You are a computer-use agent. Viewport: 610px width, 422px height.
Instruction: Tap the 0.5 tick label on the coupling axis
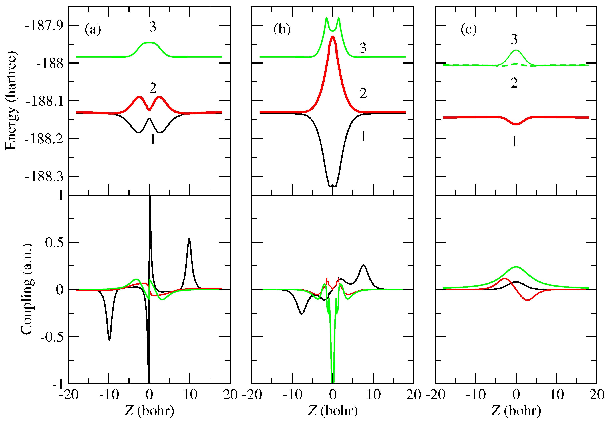pyautogui.click(x=54, y=242)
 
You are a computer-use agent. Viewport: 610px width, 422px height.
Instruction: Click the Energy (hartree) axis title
pyautogui.click(x=11, y=100)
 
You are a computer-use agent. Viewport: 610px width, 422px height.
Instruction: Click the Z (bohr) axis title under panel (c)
pyautogui.click(x=516, y=411)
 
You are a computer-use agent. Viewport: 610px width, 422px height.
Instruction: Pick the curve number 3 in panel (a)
pyautogui.click(x=153, y=27)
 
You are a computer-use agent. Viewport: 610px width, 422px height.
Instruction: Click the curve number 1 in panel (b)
pyautogui.click(x=363, y=136)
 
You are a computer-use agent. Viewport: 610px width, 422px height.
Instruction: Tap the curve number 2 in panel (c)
pyautogui.click(x=514, y=83)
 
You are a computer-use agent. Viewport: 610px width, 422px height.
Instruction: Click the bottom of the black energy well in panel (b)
pyautogui.click(x=333, y=186)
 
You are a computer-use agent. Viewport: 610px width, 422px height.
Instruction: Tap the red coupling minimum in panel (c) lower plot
pyautogui.click(x=527, y=300)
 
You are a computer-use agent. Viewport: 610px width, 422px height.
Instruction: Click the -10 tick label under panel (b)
pyautogui.click(x=292, y=395)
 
